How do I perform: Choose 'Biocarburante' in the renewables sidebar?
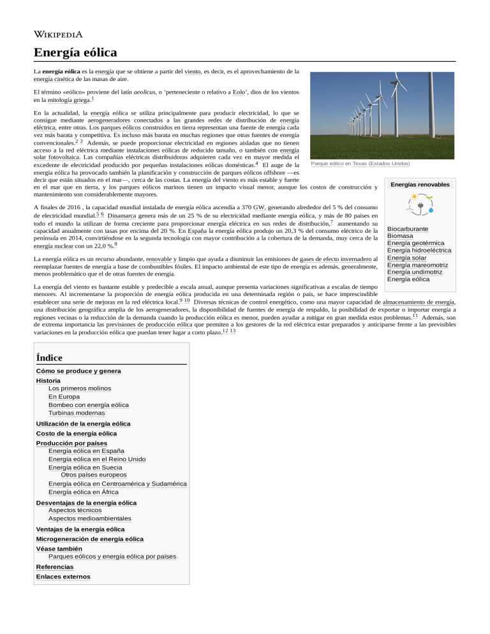click(x=407, y=228)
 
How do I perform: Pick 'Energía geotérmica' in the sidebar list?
click(x=415, y=243)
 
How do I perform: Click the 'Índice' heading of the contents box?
click(x=50, y=358)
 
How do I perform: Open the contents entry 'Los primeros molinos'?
click(x=79, y=388)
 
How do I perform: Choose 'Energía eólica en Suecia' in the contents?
click(x=85, y=467)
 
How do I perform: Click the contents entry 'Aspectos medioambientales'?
click(x=90, y=519)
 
